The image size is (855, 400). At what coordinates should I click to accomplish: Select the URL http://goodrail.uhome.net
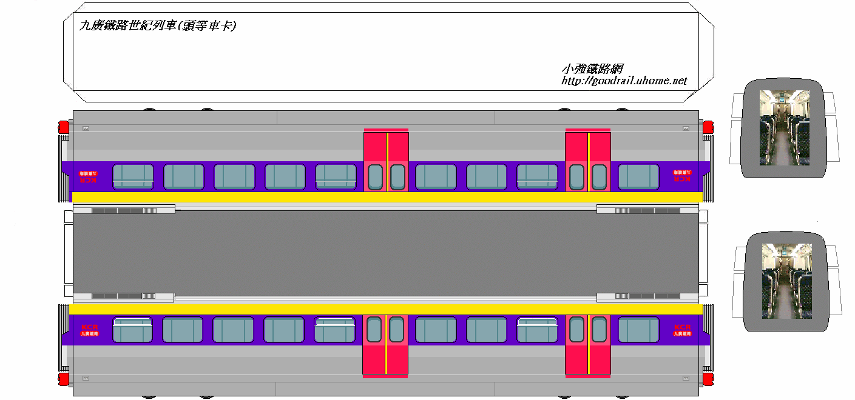(x=624, y=81)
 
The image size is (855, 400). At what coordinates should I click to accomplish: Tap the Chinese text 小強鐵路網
(x=592, y=69)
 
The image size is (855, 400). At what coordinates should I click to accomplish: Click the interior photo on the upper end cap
(x=785, y=127)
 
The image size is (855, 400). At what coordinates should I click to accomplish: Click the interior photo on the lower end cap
(x=786, y=281)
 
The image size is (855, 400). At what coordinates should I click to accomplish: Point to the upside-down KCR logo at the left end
(x=89, y=176)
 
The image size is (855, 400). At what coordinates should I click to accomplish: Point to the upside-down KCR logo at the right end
(x=682, y=175)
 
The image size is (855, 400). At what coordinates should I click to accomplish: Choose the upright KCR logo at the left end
(x=89, y=330)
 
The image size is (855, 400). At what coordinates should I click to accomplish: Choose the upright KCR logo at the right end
(x=682, y=330)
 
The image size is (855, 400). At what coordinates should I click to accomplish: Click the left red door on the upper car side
(x=386, y=161)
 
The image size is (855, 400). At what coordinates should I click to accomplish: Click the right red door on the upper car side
(x=587, y=161)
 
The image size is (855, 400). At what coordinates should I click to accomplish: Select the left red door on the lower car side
(x=385, y=344)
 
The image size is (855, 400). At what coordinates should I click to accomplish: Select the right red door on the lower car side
(x=587, y=344)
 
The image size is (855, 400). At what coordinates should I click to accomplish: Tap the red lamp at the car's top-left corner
(x=63, y=127)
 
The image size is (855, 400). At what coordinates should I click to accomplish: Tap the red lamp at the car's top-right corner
(x=708, y=127)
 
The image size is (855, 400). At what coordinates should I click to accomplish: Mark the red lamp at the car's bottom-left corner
(x=63, y=379)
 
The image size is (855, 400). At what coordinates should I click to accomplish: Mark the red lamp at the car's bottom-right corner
(x=708, y=379)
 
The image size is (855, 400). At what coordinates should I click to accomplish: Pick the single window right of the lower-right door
(x=638, y=330)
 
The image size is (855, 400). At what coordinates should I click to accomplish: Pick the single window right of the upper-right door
(x=638, y=176)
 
